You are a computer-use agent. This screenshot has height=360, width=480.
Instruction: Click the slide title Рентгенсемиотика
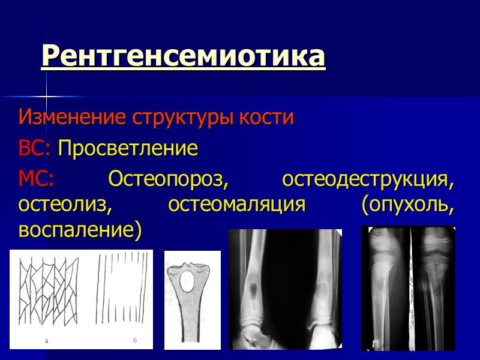coord(183,56)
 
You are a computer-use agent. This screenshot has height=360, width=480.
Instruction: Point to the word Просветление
coord(128,148)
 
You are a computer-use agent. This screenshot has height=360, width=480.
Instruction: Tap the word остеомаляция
coord(237,204)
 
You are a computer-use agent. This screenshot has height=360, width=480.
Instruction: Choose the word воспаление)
coord(80,230)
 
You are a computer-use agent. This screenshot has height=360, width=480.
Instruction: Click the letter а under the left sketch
coord(46,341)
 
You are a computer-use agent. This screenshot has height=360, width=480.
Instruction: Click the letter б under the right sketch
coord(135,341)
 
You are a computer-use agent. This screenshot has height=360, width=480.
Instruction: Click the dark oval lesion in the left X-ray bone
coord(256,291)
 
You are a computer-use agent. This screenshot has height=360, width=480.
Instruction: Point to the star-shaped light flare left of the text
coord(46,97)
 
